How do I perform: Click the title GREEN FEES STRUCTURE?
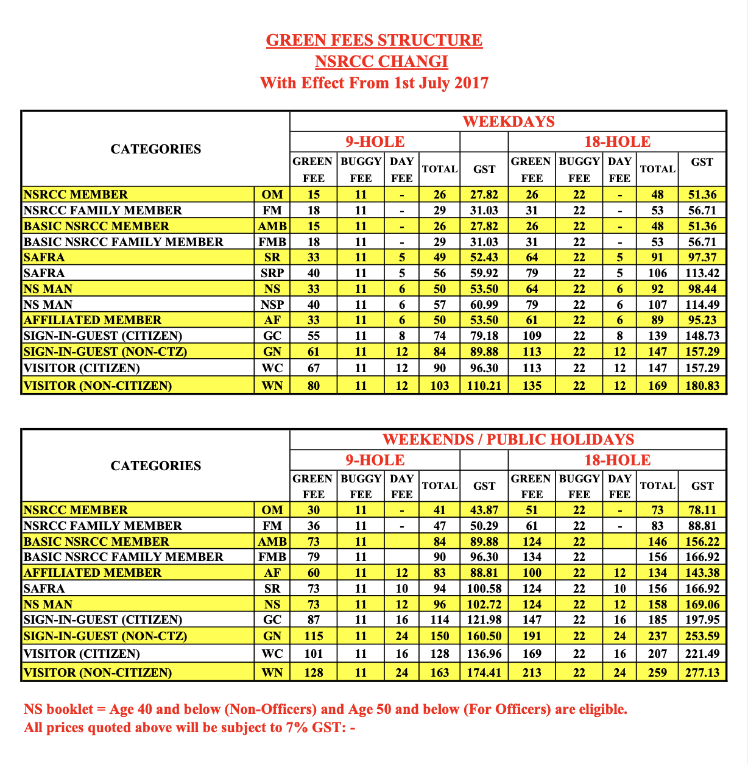click(374, 40)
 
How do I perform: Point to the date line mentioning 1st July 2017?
click(374, 82)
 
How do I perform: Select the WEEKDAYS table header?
click(508, 121)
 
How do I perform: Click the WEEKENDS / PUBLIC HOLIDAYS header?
click(508, 439)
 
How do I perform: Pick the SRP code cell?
click(272, 273)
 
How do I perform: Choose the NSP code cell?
click(272, 305)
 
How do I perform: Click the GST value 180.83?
click(702, 386)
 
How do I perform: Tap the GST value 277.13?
click(702, 672)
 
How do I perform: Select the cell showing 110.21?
click(484, 386)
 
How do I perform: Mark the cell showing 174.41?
click(484, 672)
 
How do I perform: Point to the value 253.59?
click(702, 636)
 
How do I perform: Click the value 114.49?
click(702, 305)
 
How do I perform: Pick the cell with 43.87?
click(484, 510)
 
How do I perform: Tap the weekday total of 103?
click(439, 386)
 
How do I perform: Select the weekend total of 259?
click(657, 672)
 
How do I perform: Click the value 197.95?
click(702, 619)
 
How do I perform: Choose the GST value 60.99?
click(484, 305)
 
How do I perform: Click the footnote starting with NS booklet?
click(325, 709)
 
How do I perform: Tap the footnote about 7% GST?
click(189, 727)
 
